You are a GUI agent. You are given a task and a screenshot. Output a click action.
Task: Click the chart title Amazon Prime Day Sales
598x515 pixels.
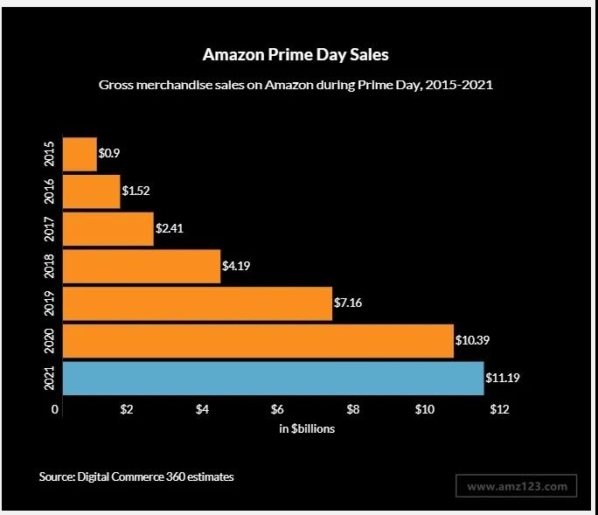click(296, 54)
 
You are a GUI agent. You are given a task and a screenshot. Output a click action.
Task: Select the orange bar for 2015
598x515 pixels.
click(80, 154)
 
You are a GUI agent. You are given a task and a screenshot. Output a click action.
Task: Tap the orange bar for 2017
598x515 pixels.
click(108, 228)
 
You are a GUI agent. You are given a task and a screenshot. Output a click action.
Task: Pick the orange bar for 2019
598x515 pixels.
click(198, 303)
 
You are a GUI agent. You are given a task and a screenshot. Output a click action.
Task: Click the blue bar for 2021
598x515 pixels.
click(273, 378)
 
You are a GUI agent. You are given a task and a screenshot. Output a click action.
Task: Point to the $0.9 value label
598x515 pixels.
click(109, 154)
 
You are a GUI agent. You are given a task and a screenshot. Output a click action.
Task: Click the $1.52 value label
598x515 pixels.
click(136, 191)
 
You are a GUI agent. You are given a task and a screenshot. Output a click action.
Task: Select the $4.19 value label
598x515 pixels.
click(236, 266)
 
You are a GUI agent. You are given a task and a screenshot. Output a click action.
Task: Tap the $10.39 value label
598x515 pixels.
click(473, 340)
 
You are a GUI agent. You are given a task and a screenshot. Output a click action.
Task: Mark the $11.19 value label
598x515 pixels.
click(503, 378)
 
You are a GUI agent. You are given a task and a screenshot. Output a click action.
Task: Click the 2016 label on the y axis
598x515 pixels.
click(50, 191)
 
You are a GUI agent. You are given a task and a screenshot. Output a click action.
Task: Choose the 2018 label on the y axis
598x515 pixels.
click(50, 266)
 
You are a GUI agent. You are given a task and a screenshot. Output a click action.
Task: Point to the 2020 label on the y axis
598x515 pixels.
click(50, 340)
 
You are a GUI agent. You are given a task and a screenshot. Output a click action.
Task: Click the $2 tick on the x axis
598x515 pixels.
click(127, 409)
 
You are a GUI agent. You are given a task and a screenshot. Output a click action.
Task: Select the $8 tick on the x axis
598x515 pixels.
click(353, 409)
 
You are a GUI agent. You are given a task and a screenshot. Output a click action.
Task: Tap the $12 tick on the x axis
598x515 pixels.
click(499, 409)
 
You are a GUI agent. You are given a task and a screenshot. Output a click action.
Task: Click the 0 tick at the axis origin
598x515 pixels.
click(55, 409)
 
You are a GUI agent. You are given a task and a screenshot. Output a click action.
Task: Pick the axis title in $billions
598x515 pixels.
click(307, 429)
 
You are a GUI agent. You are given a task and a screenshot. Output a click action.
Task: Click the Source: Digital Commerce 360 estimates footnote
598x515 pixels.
click(136, 477)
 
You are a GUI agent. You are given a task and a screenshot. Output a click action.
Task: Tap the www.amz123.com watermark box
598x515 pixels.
click(517, 485)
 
